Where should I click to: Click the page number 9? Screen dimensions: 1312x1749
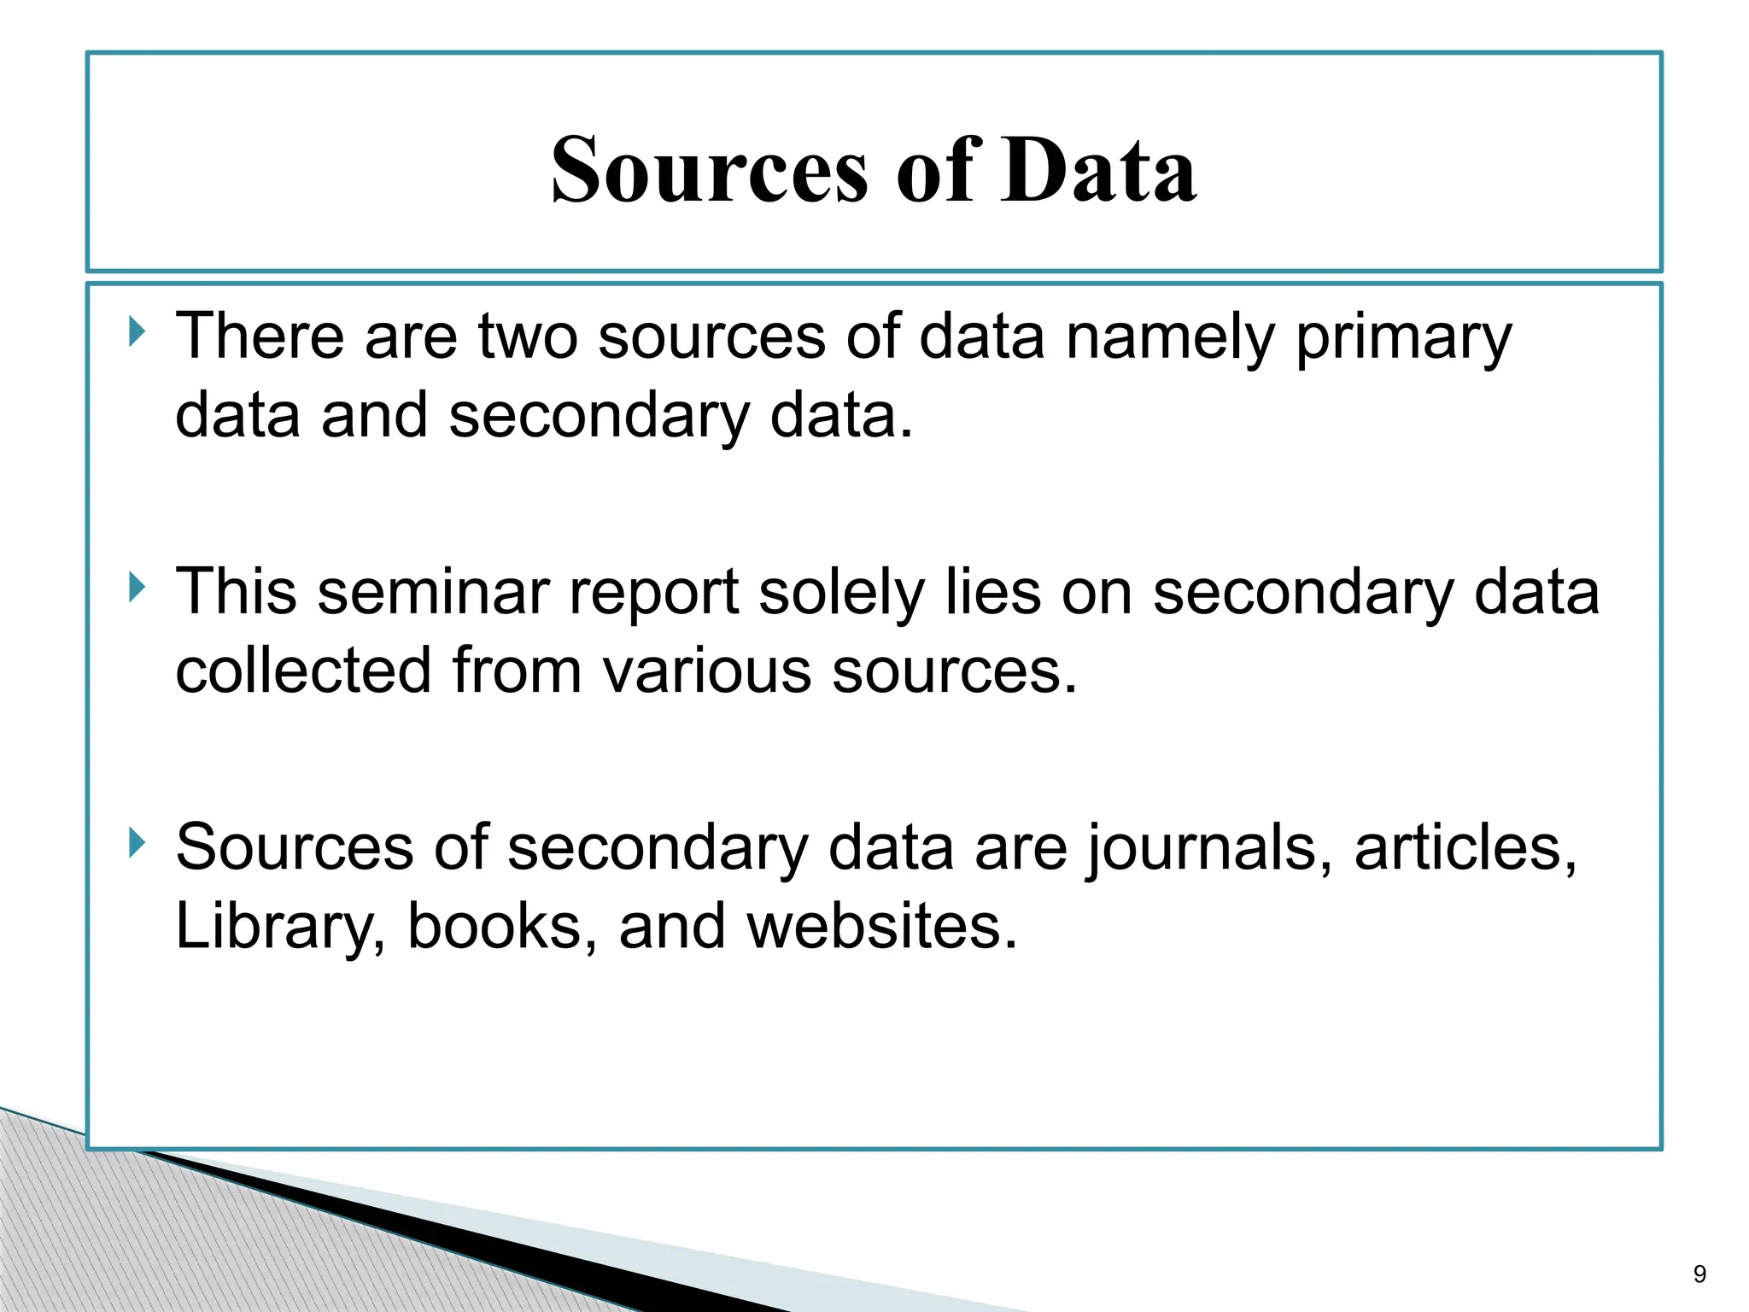(1699, 1274)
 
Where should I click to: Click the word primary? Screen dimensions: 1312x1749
(1403, 338)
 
